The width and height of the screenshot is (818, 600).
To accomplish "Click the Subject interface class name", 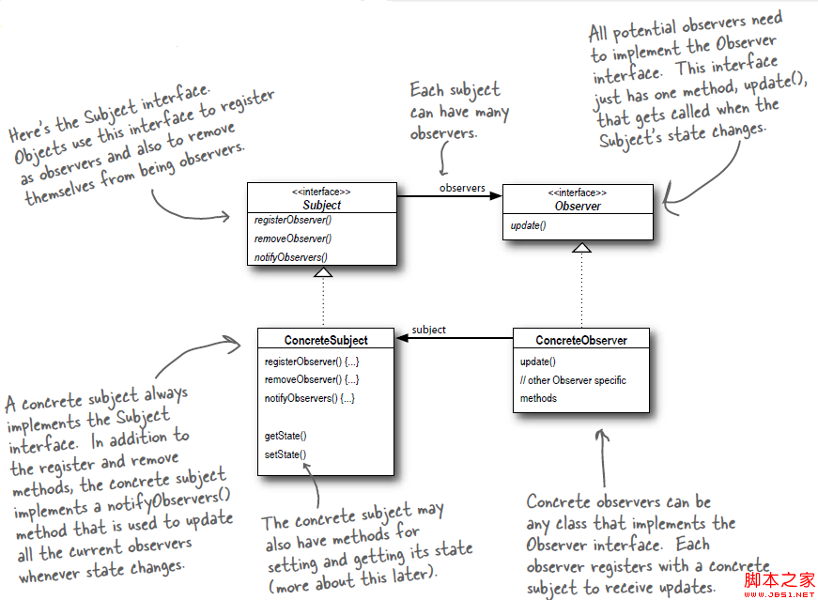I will tap(322, 205).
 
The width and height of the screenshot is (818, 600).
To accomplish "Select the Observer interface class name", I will tap(578, 206).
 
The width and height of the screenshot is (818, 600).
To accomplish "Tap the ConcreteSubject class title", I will tap(326, 340).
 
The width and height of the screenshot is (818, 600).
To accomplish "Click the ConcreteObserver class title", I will tap(581, 340).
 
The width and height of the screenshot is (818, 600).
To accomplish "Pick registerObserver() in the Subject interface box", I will tap(292, 220).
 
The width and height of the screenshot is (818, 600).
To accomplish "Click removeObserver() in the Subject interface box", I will tap(291, 238).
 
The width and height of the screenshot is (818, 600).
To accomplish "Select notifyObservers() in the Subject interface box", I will tap(290, 256).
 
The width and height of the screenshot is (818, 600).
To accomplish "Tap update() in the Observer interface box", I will tap(528, 226).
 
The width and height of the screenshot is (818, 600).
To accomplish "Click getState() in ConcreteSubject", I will tap(286, 436).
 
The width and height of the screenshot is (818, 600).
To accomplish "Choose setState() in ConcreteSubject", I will tap(286, 454).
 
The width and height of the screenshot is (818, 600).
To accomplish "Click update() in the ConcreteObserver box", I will tap(538, 362).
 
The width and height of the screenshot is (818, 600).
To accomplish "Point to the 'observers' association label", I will tap(462, 188).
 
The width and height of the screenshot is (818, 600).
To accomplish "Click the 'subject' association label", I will tap(428, 330).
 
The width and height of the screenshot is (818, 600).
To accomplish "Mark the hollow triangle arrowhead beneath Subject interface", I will tap(323, 272).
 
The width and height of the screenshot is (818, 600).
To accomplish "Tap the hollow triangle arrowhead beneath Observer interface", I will tap(581, 247).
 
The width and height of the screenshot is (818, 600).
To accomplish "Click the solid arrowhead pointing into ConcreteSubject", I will tap(402, 339).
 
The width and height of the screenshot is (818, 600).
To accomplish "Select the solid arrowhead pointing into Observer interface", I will tap(496, 196).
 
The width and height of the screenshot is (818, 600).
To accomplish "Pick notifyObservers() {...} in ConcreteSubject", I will tap(309, 398).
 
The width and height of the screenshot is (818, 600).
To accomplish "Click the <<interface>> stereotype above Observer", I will tap(578, 192).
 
